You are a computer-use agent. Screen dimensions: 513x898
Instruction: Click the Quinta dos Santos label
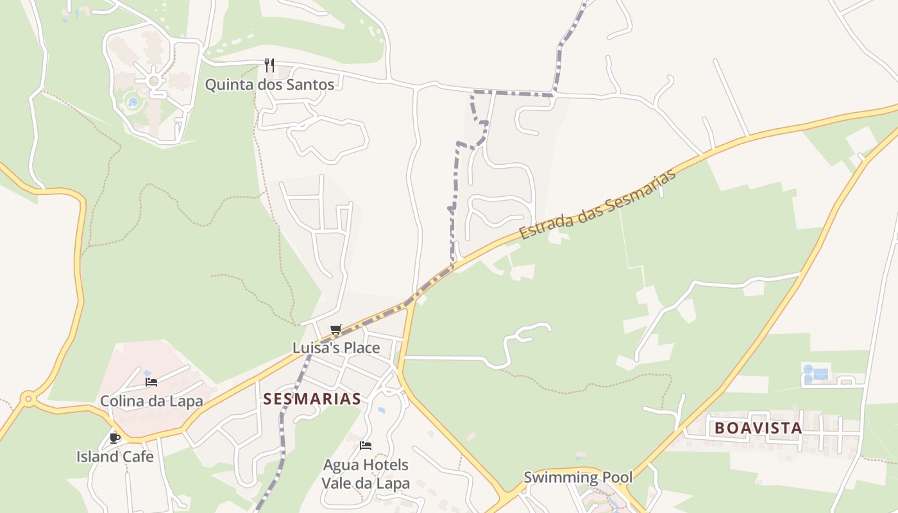point(269,85)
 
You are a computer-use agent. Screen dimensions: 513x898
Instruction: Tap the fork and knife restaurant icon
point(269,65)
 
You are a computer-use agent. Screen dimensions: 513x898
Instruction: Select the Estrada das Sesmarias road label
point(598,204)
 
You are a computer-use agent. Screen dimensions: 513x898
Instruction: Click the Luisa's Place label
point(336,348)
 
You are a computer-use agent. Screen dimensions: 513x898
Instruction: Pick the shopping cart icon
point(336,330)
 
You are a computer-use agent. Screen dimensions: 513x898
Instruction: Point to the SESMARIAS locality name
point(312,399)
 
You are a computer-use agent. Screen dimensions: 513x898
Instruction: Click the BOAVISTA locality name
point(758,428)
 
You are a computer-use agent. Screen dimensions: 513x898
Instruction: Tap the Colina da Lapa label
point(151,401)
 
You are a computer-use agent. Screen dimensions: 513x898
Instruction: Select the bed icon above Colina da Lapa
point(151,382)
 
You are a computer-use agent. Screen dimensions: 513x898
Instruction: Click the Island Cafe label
point(115,457)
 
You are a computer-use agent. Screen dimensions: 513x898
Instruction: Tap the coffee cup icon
point(115,438)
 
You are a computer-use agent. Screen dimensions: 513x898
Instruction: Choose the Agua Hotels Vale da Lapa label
point(366,474)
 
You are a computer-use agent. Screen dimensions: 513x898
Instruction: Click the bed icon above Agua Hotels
point(366,445)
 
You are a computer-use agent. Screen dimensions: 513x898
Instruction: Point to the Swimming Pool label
point(578,477)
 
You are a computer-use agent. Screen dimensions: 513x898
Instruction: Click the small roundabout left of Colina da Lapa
point(28,399)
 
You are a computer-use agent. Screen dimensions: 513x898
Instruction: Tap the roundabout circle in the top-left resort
point(154,81)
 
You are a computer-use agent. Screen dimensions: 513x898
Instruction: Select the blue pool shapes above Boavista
point(815,374)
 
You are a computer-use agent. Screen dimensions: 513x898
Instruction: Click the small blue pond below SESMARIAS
point(382,410)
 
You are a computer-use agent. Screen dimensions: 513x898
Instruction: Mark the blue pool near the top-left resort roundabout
point(133,102)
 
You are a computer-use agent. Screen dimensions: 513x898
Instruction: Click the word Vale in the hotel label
point(336,484)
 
